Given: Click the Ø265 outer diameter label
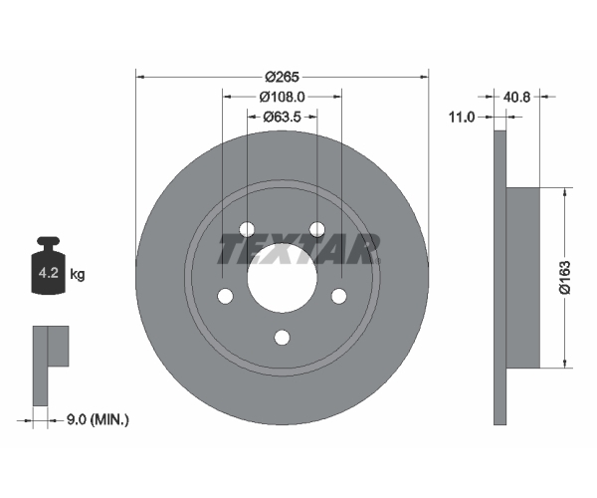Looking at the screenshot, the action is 283,77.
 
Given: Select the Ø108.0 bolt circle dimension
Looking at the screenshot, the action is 283,97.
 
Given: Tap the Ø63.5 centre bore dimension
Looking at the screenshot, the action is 283,117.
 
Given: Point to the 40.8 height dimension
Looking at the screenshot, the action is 516,97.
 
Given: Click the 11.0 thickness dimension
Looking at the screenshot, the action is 462,117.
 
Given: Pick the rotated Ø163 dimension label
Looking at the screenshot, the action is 565,278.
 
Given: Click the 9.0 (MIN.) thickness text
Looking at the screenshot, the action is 98,419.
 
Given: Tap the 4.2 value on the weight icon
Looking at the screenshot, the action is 49,273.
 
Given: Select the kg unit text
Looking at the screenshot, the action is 78,274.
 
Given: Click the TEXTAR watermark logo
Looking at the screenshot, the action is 298,249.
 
